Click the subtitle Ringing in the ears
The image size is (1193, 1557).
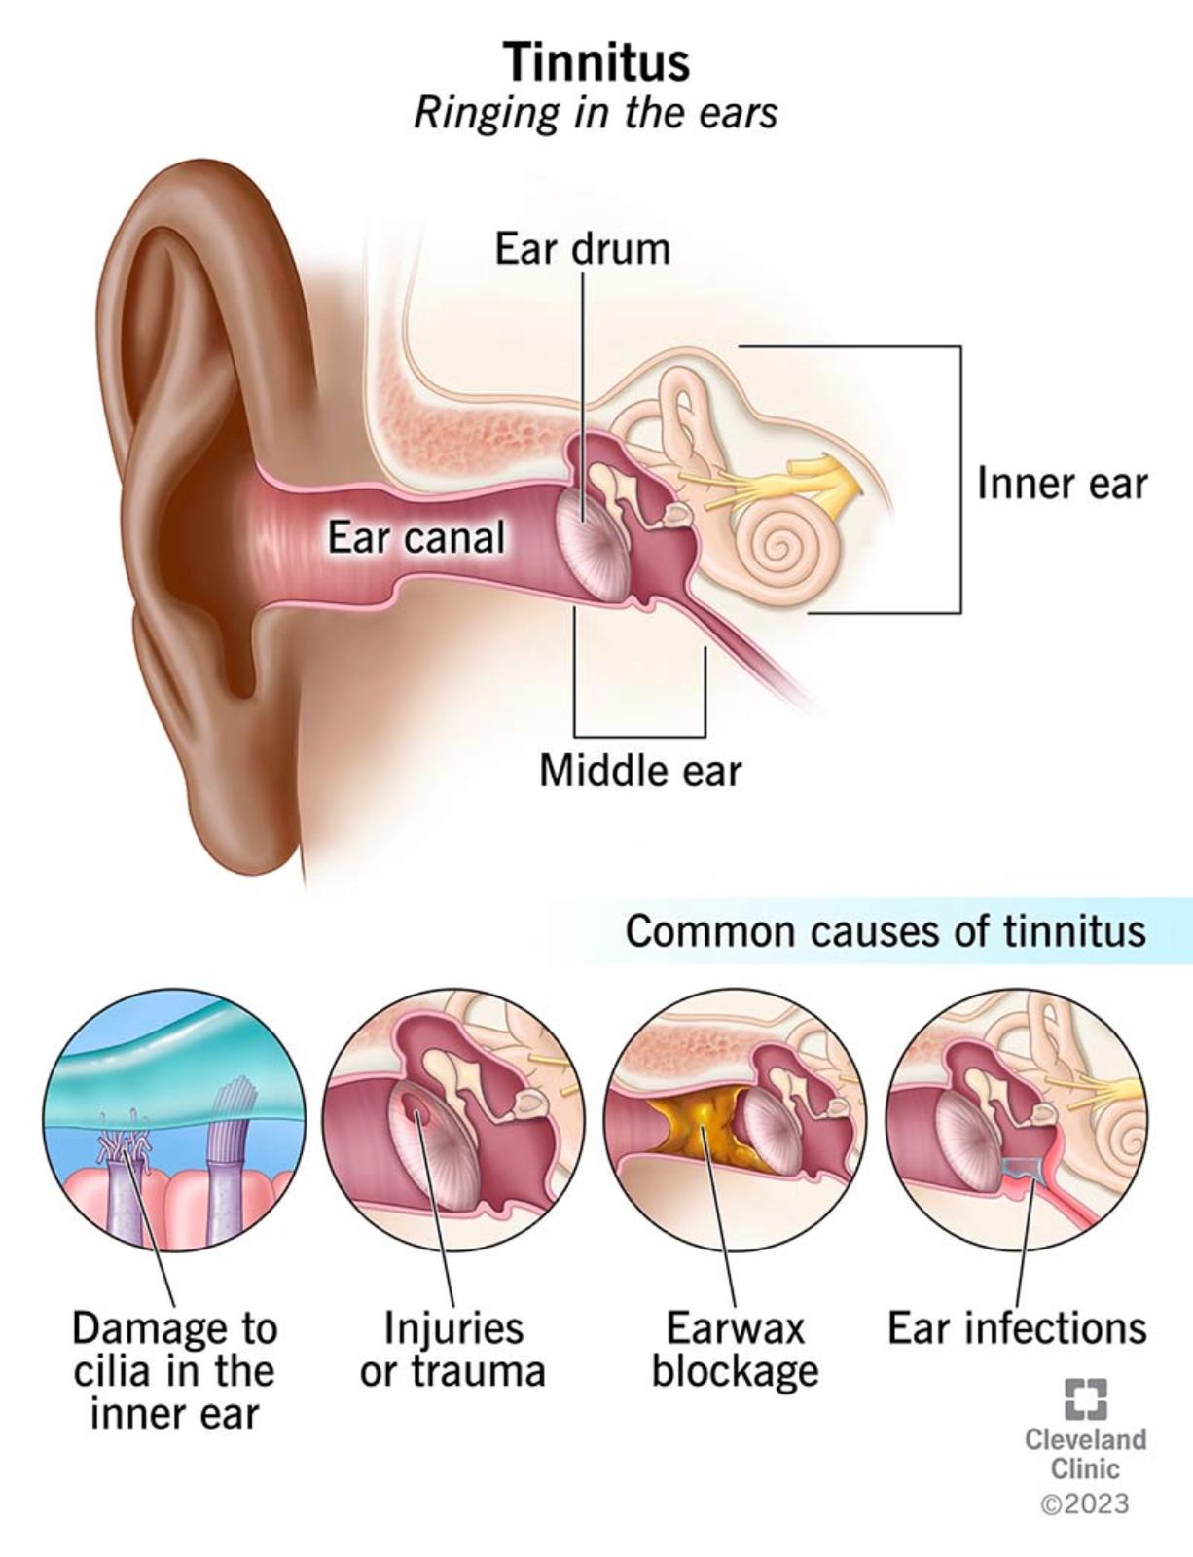click(x=596, y=113)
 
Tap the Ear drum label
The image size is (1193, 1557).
click(x=582, y=249)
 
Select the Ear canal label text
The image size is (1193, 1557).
click(x=416, y=537)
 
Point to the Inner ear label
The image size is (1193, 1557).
click(x=1062, y=484)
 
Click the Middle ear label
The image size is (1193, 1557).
click(x=640, y=771)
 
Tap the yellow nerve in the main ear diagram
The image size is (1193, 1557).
click(x=817, y=482)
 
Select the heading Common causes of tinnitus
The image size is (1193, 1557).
click(x=886, y=931)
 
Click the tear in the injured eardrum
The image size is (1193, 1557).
click(x=416, y=1108)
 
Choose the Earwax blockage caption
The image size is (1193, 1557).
click(x=735, y=1349)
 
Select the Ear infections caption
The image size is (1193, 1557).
click(x=1016, y=1328)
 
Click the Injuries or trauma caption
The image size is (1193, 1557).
click(x=452, y=1349)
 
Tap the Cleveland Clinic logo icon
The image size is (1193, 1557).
click(x=1085, y=1398)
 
